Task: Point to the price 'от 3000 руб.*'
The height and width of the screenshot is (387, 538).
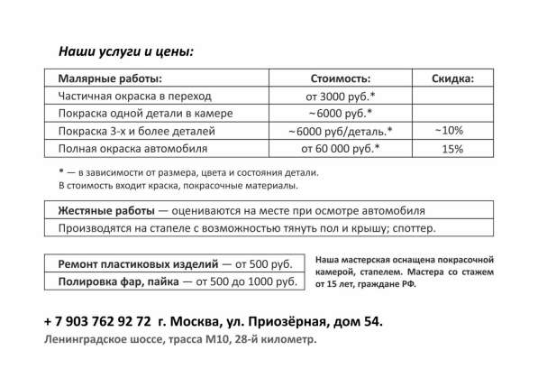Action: (340, 96)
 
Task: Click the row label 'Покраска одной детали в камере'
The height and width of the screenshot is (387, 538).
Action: (145, 114)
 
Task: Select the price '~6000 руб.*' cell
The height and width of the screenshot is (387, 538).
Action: (340, 114)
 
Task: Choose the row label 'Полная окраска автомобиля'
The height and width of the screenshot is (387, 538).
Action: (132, 148)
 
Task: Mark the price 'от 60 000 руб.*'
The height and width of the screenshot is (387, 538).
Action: (340, 148)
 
